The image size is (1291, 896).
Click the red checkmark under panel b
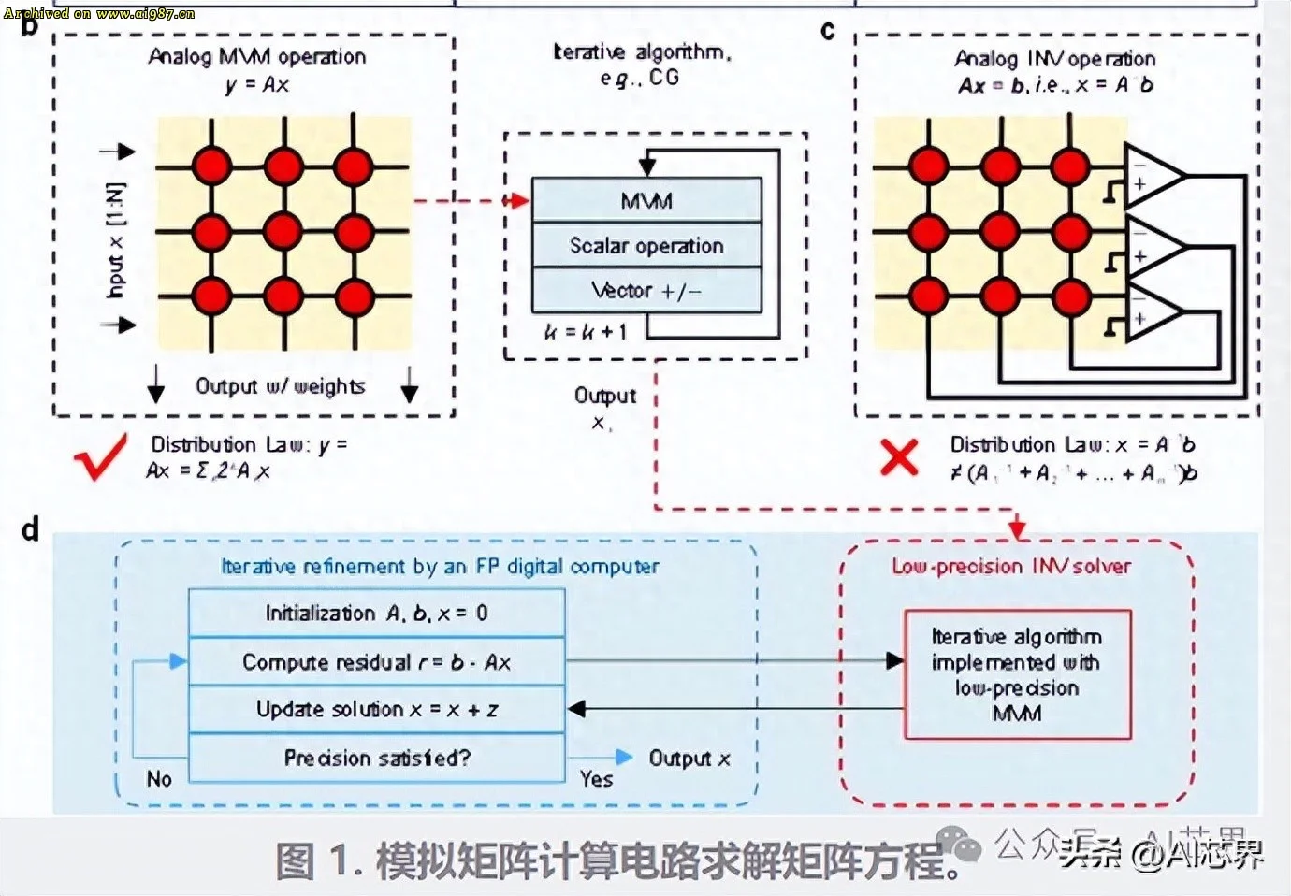[100, 456]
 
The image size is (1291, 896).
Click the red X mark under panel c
[899, 457]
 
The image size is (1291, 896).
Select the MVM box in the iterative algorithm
[646, 200]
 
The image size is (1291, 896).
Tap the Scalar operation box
[646, 245]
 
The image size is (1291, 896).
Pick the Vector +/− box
[646, 291]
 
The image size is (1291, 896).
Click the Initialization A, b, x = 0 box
[376, 614]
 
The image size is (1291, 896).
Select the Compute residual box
[376, 662]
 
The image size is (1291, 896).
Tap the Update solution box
[376, 710]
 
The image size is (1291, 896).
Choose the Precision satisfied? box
[376, 758]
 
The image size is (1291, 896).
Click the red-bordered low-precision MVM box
[1017, 674]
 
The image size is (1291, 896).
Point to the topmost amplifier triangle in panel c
[1153, 176]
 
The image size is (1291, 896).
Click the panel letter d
[31, 530]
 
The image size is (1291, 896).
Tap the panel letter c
[827, 31]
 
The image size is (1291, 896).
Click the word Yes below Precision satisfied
[596, 779]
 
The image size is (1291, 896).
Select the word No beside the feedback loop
[159, 779]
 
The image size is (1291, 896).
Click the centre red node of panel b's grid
[283, 231]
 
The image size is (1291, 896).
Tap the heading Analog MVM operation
[257, 57]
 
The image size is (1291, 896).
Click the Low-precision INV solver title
[1011, 567]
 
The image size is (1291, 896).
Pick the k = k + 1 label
[586, 332]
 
